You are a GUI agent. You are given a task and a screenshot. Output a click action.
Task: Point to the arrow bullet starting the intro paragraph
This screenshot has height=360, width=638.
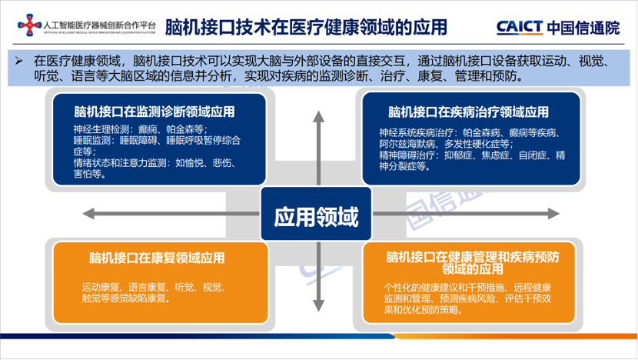coord(21,60)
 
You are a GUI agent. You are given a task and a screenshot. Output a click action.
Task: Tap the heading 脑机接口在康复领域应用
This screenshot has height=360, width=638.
coord(157,258)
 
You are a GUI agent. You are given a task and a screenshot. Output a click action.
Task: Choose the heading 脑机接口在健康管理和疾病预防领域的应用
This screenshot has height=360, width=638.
coord(468,262)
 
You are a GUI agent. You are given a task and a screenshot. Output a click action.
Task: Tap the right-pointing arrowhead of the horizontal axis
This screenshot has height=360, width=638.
coord(552,214)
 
